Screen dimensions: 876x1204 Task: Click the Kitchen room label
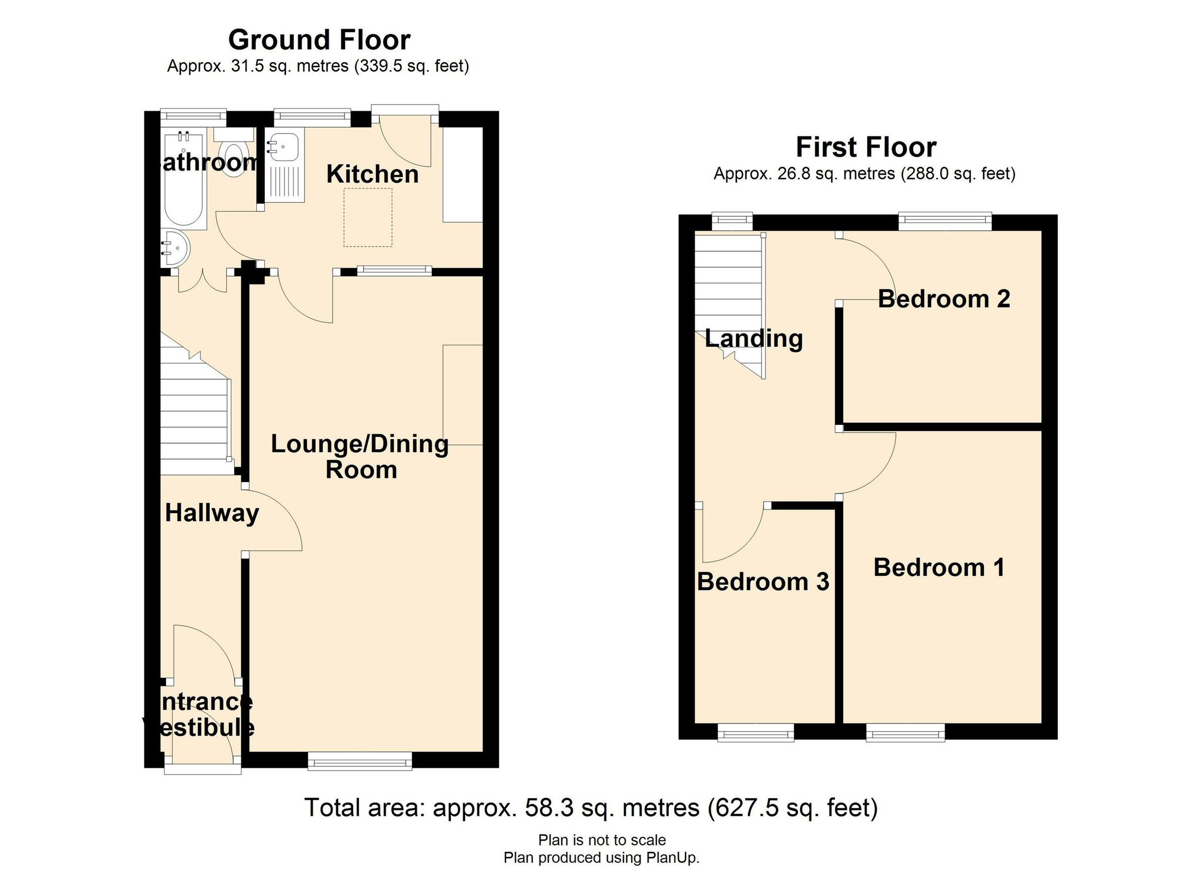pos(372,174)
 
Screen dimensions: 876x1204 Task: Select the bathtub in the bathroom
pos(184,181)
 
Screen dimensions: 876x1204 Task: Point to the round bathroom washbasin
pos(176,248)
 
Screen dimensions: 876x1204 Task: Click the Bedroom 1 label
pos(939,567)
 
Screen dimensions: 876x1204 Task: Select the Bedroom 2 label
pos(944,299)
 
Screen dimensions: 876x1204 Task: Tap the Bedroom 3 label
pos(763,582)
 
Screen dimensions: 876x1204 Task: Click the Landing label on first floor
pos(754,338)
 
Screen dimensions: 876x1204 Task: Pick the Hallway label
pos(212,513)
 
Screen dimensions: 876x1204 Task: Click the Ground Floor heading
pos(319,40)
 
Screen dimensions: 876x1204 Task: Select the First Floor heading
pos(866,147)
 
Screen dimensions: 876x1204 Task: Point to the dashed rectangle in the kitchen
pos(368,217)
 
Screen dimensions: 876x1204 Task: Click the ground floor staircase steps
pos(195,419)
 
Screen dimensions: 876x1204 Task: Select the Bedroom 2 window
pos(945,221)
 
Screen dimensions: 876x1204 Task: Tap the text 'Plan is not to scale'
pos(602,840)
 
